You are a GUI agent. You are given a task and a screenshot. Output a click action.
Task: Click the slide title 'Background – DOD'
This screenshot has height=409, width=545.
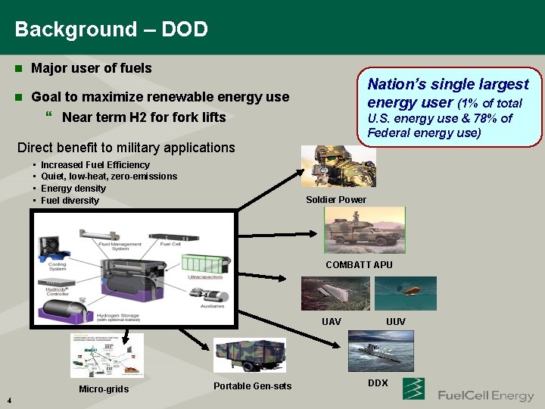(111, 30)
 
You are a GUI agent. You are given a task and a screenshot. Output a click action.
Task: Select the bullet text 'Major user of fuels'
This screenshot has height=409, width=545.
(91, 68)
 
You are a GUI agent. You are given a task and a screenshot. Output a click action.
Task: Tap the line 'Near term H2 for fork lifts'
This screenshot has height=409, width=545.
(144, 117)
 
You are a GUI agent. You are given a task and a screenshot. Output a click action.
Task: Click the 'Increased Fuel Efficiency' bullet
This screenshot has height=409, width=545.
(95, 165)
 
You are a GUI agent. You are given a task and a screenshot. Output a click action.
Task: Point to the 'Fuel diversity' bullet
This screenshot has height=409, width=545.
(70, 201)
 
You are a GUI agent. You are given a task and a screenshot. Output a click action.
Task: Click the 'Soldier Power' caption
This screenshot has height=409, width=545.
(335, 200)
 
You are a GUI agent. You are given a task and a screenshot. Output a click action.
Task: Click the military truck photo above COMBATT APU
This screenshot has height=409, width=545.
(364, 230)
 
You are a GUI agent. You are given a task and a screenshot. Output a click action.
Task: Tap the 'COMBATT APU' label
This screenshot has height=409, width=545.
(359, 265)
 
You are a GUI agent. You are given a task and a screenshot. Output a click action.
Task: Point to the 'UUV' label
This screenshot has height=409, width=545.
(396, 322)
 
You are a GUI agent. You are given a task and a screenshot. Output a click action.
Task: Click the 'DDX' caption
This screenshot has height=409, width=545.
(378, 383)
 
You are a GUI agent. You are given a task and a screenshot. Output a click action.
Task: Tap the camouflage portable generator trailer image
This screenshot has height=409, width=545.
(251, 355)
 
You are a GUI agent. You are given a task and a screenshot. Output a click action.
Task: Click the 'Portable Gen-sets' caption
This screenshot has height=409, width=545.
(252, 387)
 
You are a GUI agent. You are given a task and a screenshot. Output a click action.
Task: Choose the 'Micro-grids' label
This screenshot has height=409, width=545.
(104, 389)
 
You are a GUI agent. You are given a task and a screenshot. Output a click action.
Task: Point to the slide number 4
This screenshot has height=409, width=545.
(7, 401)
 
